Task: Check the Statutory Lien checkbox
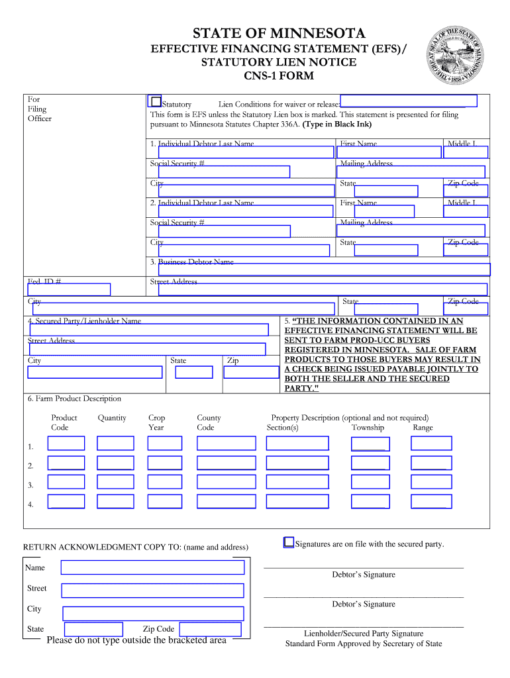pyautogui.click(x=156, y=102)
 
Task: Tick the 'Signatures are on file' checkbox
pyautogui.click(x=289, y=542)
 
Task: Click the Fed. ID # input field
pyautogui.click(x=69, y=289)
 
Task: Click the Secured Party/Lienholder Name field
pyautogui.click(x=148, y=330)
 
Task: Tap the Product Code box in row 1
pyautogui.click(x=66, y=444)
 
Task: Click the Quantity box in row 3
pyautogui.click(x=115, y=483)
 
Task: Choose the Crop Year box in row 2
pyautogui.click(x=165, y=463)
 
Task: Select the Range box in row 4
pyautogui.click(x=431, y=502)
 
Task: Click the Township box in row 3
pyautogui.click(x=370, y=483)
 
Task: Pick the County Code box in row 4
pyautogui.click(x=226, y=502)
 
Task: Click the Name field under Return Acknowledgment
pyautogui.click(x=152, y=567)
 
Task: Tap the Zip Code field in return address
pyautogui.click(x=210, y=629)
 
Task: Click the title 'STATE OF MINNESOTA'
pyautogui.click(x=278, y=34)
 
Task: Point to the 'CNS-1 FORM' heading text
pyautogui.click(x=279, y=76)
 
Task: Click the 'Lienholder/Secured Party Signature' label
pyautogui.click(x=364, y=634)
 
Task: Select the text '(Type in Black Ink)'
pyautogui.click(x=337, y=124)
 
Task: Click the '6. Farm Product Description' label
pyautogui.click(x=74, y=399)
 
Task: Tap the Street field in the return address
pyautogui.click(x=152, y=590)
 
